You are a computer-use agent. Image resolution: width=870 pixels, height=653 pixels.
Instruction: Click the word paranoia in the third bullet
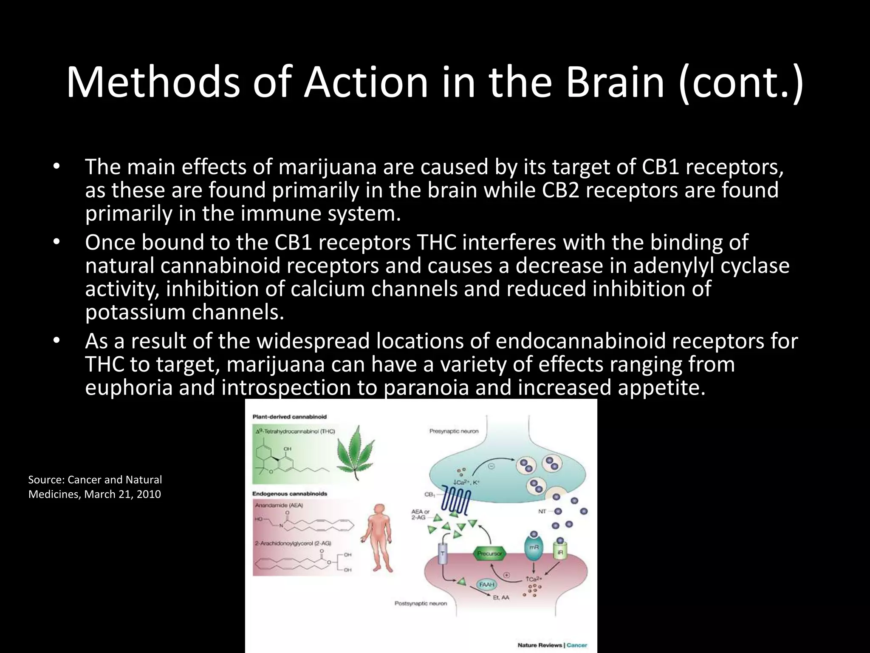click(x=427, y=388)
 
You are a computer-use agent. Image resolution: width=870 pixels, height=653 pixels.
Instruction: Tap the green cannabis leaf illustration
click(x=355, y=452)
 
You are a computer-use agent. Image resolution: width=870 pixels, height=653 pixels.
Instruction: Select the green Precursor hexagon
click(x=489, y=554)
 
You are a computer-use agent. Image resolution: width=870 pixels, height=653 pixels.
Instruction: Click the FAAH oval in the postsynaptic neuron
click(x=486, y=585)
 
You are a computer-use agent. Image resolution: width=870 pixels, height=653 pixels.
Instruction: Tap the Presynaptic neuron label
click(x=454, y=431)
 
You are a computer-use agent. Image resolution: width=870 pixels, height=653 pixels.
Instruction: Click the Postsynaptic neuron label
click(x=421, y=603)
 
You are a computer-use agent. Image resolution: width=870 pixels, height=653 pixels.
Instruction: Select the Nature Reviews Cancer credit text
click(x=552, y=645)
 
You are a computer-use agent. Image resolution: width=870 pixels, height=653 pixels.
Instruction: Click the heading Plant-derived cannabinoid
click(x=289, y=417)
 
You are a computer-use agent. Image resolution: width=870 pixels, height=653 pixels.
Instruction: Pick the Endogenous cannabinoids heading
click(x=290, y=494)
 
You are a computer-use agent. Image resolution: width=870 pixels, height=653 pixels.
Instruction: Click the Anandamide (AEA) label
click(x=279, y=505)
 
